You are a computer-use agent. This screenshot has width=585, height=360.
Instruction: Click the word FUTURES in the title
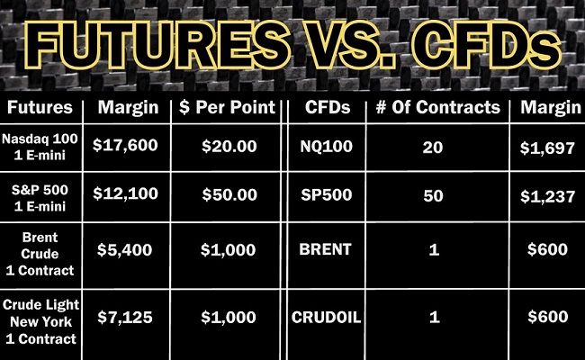point(157,45)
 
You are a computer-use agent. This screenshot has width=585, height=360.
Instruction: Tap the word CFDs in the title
point(487,45)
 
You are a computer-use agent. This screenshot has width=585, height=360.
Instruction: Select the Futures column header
point(40,107)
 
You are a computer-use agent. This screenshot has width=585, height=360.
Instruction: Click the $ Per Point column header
point(227,107)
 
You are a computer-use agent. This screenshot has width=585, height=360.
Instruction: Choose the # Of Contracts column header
point(438,107)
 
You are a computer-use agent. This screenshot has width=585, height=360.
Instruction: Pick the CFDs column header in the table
point(328,107)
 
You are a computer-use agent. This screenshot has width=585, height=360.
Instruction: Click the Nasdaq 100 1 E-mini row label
point(40,147)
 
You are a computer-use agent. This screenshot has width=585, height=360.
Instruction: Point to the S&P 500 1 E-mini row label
point(40,198)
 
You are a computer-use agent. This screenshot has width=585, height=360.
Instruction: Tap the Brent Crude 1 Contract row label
point(40,254)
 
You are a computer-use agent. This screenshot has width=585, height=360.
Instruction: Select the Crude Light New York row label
point(40,322)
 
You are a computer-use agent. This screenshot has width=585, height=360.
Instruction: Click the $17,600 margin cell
point(125,145)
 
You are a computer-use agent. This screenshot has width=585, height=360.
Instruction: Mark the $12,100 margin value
point(125,193)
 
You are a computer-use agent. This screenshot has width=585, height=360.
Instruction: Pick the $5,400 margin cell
point(124,249)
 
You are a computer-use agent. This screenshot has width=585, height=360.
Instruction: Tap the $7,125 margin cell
point(125,318)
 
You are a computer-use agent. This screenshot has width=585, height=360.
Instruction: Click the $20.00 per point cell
point(229,146)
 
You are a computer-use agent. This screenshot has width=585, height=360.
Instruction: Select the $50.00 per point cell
point(229,194)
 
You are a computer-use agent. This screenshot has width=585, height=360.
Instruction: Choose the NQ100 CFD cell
point(327,146)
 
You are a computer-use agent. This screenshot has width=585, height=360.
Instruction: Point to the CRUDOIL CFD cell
point(327,318)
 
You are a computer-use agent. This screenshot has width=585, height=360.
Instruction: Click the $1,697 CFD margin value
point(547,148)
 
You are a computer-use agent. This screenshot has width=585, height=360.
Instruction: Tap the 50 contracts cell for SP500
point(433,196)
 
